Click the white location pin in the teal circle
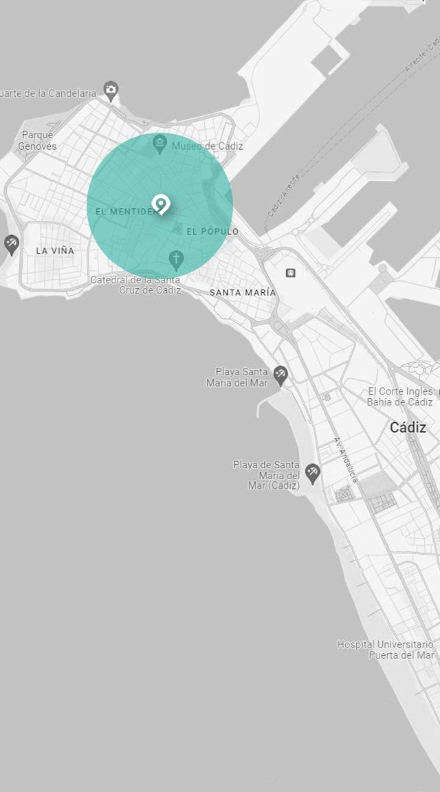[x=161, y=204]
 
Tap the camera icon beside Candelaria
[x=111, y=89]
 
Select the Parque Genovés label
[x=37, y=140]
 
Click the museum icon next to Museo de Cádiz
[x=160, y=144]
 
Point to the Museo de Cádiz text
[x=207, y=146]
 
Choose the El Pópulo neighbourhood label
[x=212, y=232]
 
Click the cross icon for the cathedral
[x=176, y=260]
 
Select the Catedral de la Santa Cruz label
[x=135, y=285]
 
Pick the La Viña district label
[x=55, y=250]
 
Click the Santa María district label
[x=243, y=292]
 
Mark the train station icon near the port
[x=291, y=273]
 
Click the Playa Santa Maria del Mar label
[x=237, y=377]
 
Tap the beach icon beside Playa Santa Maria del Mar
[x=280, y=374]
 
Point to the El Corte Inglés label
[x=399, y=396]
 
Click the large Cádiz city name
[x=408, y=428]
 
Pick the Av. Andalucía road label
[x=346, y=459]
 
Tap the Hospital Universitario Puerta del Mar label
[x=385, y=650]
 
